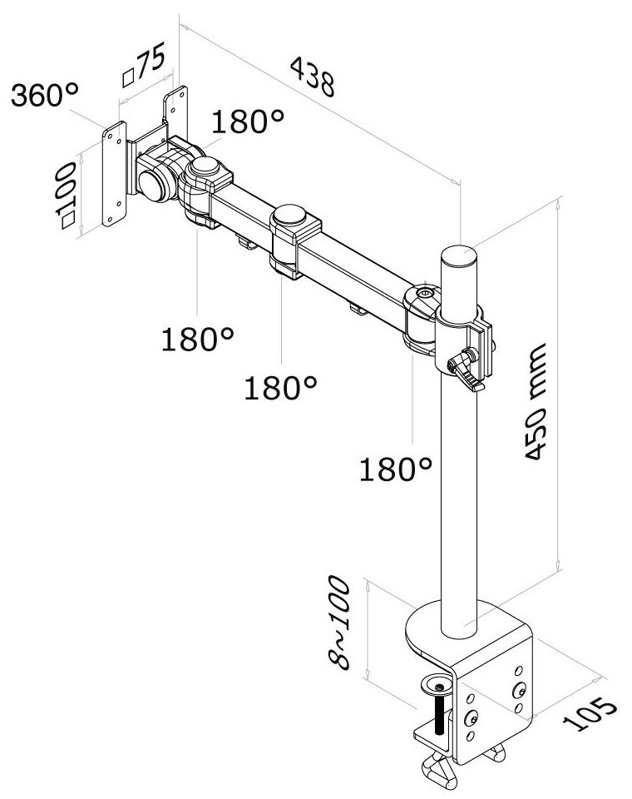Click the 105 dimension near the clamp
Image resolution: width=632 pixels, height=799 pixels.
(x=594, y=713)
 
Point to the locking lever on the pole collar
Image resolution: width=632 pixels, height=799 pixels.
(x=467, y=371)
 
